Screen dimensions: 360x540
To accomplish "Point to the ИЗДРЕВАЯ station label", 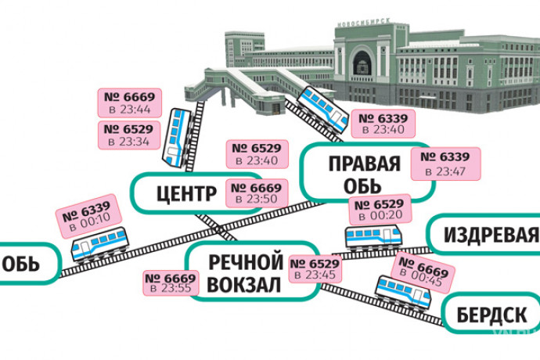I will point(491,235).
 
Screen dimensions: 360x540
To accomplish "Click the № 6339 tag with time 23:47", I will point(449,163).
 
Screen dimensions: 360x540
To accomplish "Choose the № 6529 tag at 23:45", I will point(315,268).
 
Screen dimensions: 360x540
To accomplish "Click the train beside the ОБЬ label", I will point(99,245).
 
